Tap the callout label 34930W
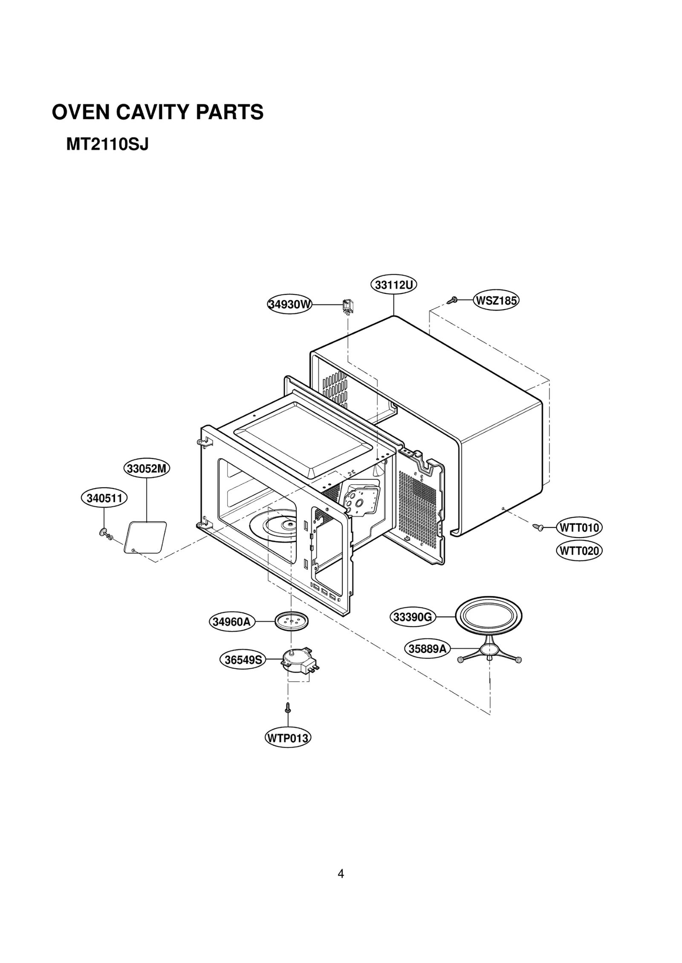pyautogui.click(x=289, y=305)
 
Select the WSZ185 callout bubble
pyautogui.click(x=496, y=301)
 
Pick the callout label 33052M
pyautogui.click(x=147, y=469)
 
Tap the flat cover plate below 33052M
pyautogui.click(x=145, y=537)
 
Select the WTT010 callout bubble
pyautogui.click(x=579, y=528)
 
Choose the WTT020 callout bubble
pyautogui.click(x=579, y=551)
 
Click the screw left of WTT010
pyautogui.click(x=538, y=528)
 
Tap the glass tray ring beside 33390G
pyautogui.click(x=488, y=616)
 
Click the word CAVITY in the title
pyautogui.click(x=153, y=112)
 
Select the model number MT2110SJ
pyautogui.click(x=107, y=145)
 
